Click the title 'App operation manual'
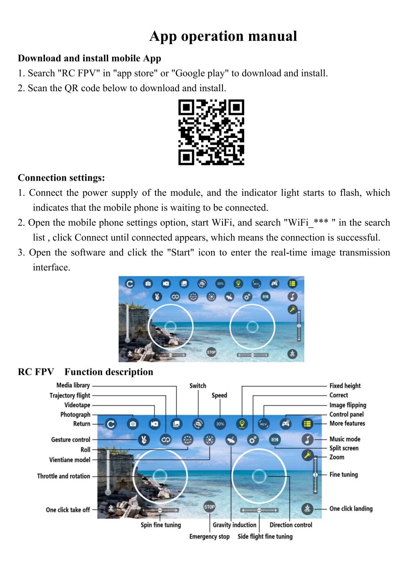click(223, 36)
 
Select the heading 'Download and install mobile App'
click(90, 58)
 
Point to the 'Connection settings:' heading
click(61, 178)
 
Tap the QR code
click(211, 132)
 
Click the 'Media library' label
click(73, 385)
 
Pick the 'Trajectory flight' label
click(70, 395)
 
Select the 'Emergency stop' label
click(209, 536)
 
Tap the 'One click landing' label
click(351, 509)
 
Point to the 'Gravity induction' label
click(234, 525)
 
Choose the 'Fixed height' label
click(345, 386)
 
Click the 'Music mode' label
click(345, 439)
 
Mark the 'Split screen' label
click(344, 448)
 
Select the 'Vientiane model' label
click(70, 460)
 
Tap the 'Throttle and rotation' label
click(63, 476)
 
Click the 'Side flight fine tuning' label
click(265, 536)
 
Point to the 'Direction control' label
click(291, 525)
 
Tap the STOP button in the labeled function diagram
click(209, 507)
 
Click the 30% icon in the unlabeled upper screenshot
click(220, 283)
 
